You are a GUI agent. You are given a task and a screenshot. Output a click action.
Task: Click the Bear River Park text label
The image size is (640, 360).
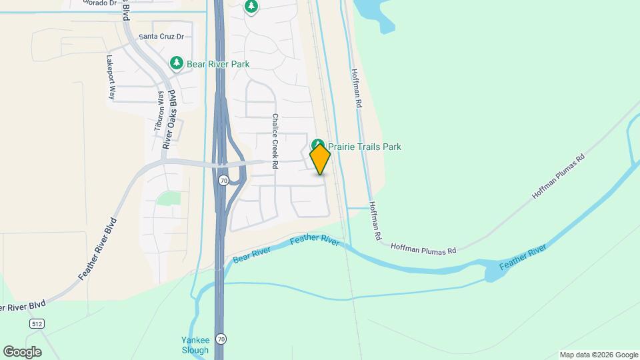(x=218, y=64)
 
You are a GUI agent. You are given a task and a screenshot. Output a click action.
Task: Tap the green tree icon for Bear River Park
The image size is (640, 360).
(x=177, y=63)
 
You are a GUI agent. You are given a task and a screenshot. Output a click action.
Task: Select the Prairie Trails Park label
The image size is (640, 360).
(x=366, y=147)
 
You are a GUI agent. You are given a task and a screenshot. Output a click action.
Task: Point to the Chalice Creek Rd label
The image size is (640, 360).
(x=274, y=139)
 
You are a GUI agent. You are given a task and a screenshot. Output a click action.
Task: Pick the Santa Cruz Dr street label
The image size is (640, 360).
(x=160, y=36)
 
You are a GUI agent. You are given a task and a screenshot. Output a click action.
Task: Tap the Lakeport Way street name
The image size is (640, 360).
(x=111, y=77)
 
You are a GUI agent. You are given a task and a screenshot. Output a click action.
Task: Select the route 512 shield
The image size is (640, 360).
(x=37, y=323)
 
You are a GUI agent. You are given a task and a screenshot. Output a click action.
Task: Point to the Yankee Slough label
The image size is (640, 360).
(x=196, y=345)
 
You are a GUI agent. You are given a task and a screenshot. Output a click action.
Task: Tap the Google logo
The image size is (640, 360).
(x=22, y=351)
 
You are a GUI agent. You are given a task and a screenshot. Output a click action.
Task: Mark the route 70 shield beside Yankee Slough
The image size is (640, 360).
(x=221, y=339)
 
